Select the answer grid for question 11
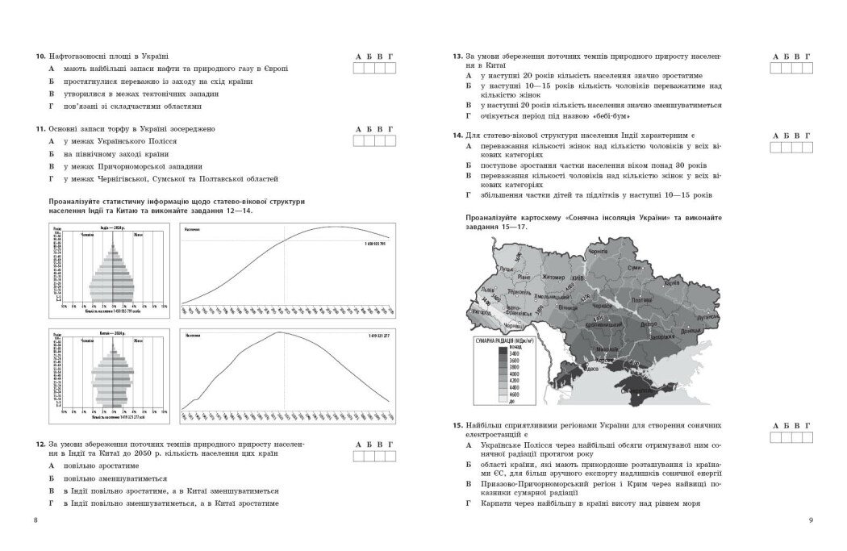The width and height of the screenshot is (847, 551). tap(374, 141)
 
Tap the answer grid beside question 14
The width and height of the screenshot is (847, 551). tap(791, 147)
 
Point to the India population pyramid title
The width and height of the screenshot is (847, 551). tap(113, 228)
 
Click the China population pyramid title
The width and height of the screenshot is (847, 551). tap(114, 332)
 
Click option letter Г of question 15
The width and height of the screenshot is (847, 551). tap(469, 503)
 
